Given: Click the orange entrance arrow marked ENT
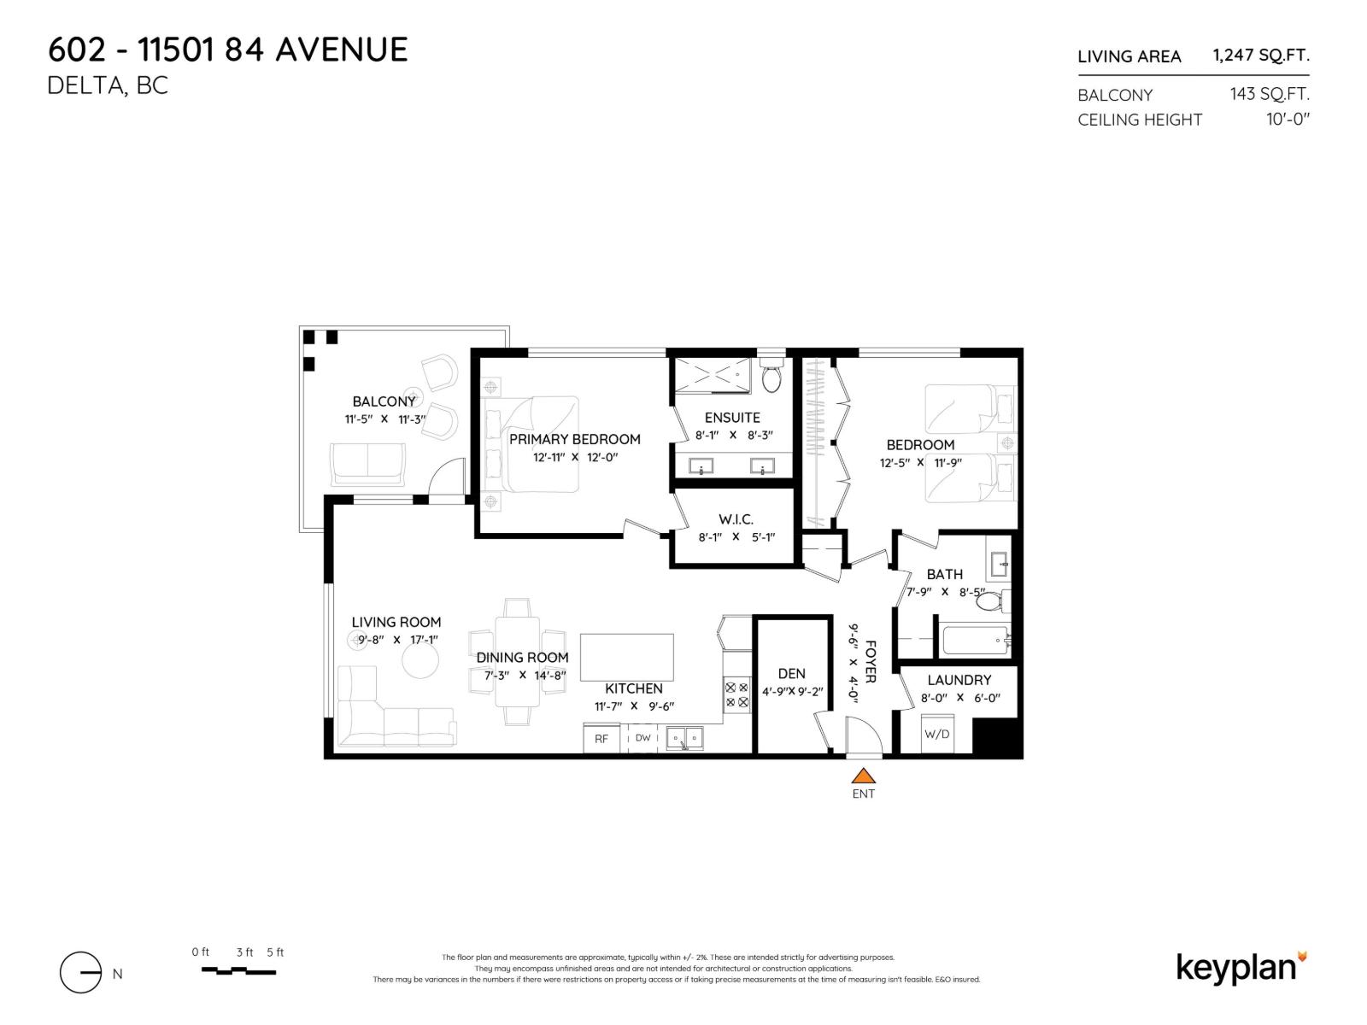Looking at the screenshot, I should [x=864, y=776].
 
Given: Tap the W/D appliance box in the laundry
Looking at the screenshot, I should [x=937, y=734].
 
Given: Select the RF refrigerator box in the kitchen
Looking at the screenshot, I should [x=601, y=738].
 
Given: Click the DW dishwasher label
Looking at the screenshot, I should [x=643, y=738].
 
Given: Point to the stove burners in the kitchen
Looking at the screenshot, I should [x=736, y=694].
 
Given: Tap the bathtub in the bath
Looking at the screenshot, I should [x=974, y=641].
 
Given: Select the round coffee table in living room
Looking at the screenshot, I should [x=419, y=660].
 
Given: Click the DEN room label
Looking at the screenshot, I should [x=791, y=674].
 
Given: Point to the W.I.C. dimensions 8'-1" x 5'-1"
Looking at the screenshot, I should [x=736, y=537].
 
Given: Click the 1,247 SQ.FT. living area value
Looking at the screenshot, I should [x=1260, y=56].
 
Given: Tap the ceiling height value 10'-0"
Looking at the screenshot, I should [x=1288, y=120].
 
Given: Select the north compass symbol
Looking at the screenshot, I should [x=81, y=973].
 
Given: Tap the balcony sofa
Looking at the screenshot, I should [x=368, y=462].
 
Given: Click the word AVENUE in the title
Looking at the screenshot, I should [x=341, y=50].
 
